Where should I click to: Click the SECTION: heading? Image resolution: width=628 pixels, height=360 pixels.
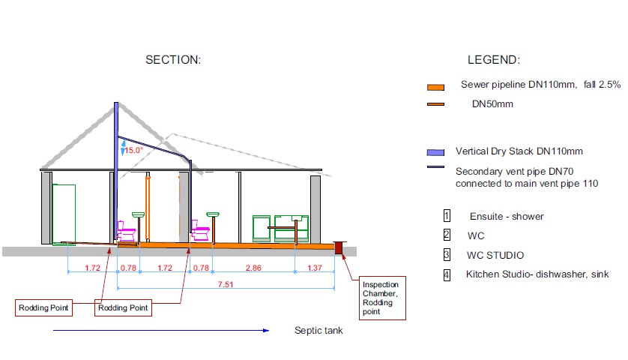(x=173, y=60)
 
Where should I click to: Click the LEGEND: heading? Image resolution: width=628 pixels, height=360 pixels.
(x=494, y=60)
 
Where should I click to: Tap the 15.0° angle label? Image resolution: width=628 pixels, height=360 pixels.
(x=134, y=150)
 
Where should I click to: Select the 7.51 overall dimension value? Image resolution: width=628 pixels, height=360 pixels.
(x=226, y=284)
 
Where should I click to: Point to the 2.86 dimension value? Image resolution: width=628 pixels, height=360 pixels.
(x=253, y=268)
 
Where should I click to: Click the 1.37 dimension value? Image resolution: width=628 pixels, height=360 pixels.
(x=315, y=268)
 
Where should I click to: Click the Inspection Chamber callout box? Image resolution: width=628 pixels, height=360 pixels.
(x=382, y=298)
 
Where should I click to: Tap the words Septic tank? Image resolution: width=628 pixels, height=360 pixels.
(x=318, y=330)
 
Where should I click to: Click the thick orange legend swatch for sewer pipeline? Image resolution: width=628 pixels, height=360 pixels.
(x=435, y=88)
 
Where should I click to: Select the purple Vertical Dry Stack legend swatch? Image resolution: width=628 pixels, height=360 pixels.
(x=435, y=152)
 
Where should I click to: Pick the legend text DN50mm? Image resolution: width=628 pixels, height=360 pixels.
(x=492, y=104)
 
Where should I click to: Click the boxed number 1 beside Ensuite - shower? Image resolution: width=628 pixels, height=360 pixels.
(x=447, y=216)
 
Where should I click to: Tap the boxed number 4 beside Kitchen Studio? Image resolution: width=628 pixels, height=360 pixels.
(x=447, y=275)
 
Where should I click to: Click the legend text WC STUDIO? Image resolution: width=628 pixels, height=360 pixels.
(x=495, y=255)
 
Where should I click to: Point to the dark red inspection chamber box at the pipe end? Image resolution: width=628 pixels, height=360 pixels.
(x=339, y=247)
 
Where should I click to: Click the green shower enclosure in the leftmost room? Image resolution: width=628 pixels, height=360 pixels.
(x=64, y=214)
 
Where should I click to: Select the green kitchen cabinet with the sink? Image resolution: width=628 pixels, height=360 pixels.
(x=292, y=229)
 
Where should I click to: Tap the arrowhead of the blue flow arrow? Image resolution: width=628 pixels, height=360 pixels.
(x=266, y=330)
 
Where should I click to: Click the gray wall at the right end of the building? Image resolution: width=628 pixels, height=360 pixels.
(x=315, y=209)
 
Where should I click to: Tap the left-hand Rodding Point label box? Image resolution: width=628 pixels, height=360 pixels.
(x=43, y=308)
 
